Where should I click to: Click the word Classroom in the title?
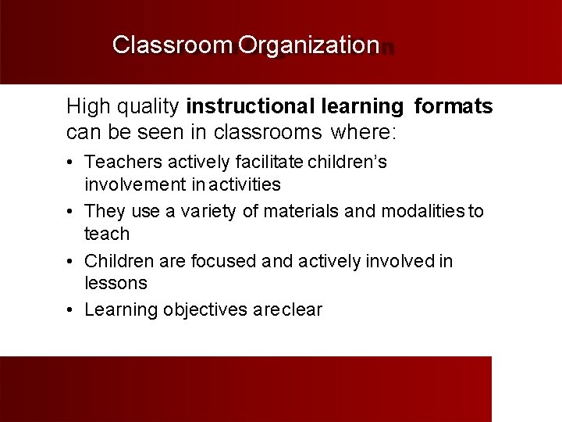coord(173,45)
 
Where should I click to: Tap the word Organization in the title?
coord(308,45)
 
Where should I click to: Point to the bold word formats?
coord(454,106)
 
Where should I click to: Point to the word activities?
coord(243,184)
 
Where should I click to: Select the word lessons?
coord(116,283)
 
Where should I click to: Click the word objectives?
coord(206,310)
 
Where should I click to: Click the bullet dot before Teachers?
coord(70,163)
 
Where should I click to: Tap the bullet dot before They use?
coord(70,212)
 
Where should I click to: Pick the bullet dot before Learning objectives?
coord(70,311)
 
